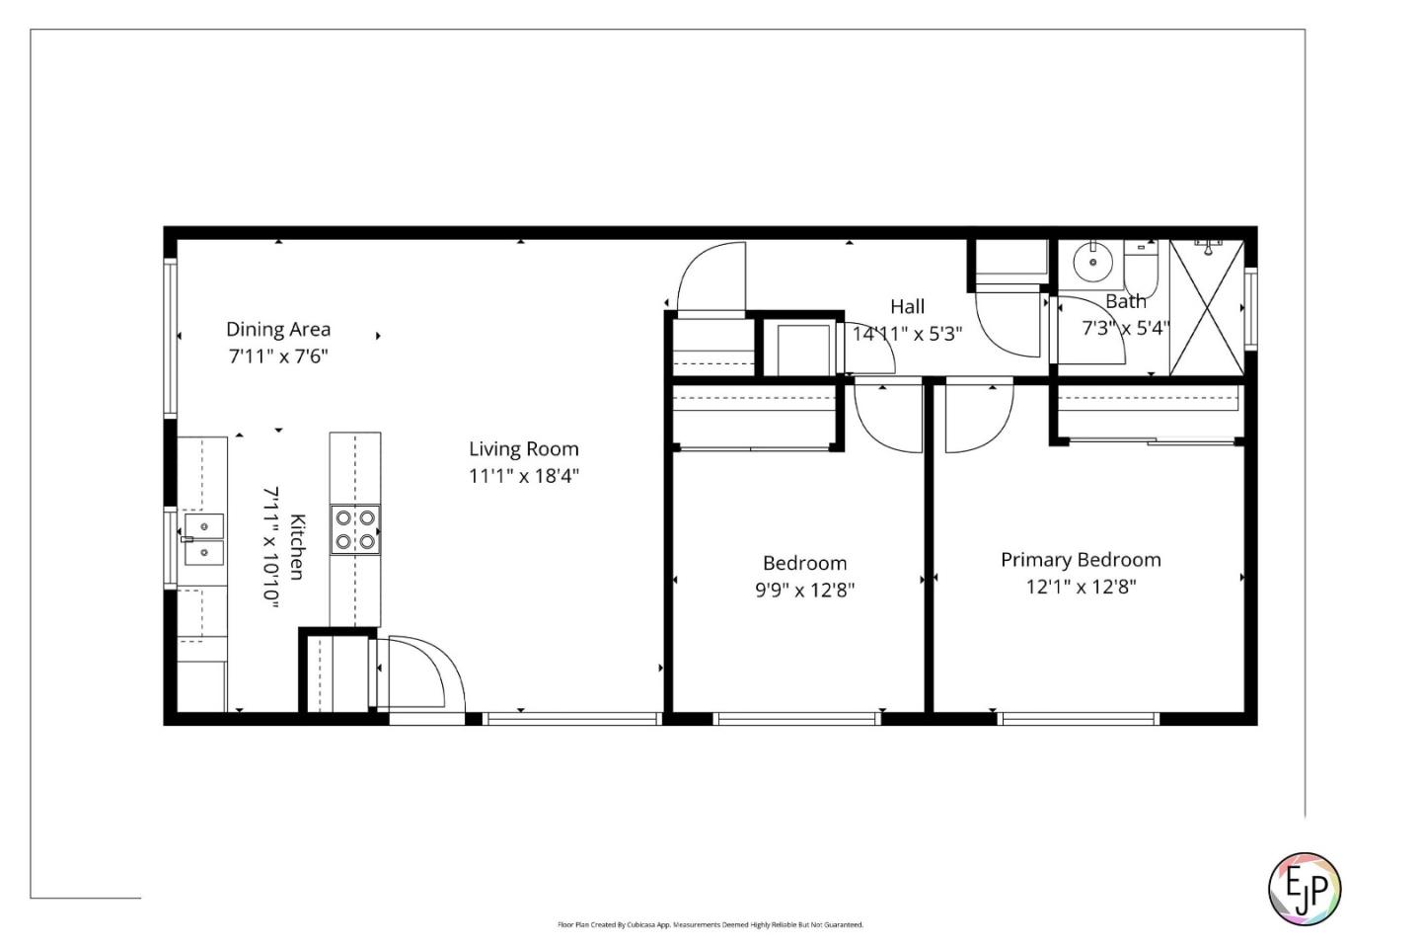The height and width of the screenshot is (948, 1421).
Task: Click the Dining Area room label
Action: tap(278, 329)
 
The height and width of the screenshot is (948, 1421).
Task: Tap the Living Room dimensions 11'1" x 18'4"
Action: tap(523, 476)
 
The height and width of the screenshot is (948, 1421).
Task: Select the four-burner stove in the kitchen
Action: tap(355, 529)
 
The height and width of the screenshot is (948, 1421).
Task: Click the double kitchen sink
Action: tap(204, 539)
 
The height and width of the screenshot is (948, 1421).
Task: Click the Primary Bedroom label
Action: tap(1081, 560)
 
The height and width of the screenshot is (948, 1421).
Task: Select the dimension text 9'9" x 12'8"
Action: tap(804, 591)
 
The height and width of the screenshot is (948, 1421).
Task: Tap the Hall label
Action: tap(907, 307)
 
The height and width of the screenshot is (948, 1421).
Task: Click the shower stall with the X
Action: tap(1206, 307)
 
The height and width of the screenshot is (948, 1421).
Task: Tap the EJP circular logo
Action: tap(1304, 889)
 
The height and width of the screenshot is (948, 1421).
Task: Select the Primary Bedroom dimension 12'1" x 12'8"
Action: tap(1081, 587)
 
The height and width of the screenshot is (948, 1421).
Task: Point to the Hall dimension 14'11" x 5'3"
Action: tap(907, 334)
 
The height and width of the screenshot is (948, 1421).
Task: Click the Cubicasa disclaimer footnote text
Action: tap(710, 925)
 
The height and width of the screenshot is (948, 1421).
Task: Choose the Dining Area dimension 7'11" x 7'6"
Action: tap(278, 355)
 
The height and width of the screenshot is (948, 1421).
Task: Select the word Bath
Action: tap(1126, 301)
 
